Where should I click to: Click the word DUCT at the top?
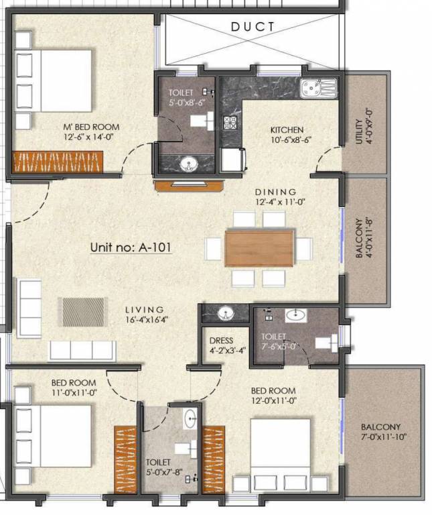(253, 27)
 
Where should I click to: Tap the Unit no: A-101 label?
(131, 247)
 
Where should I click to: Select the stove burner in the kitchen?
(230, 123)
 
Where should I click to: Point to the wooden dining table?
(259, 248)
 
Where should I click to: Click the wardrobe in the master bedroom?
(58, 162)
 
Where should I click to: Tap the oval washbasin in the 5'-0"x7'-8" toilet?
(190, 418)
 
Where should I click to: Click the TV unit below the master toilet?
(189, 184)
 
